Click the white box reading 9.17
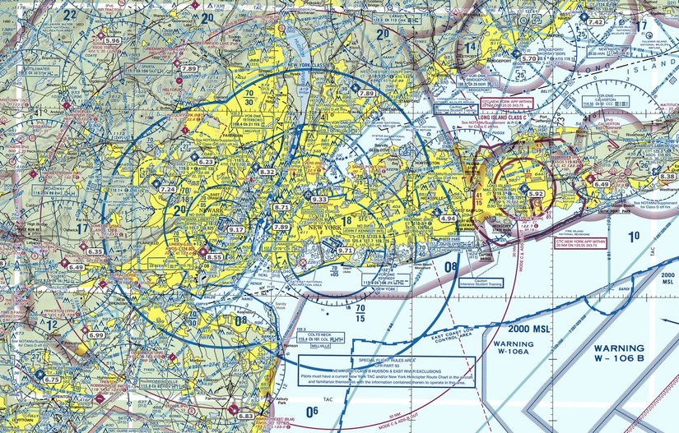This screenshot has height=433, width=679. coord(236,229)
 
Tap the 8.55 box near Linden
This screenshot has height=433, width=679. coord(214,257)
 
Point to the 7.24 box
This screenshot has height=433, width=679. coord(168,190)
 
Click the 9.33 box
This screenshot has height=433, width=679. coord(319,200)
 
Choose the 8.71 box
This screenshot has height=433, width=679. coord(281,208)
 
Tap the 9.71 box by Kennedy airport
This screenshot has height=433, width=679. coord(346,250)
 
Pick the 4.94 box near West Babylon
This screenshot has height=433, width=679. coord(448,219)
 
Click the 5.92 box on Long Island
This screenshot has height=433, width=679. coord(537,194)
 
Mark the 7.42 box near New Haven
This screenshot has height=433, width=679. coord(595,22)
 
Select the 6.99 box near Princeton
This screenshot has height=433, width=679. coord(96,335)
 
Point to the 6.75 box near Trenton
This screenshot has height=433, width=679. coord(53,379)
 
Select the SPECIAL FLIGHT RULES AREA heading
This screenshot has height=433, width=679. coord(387,361)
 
